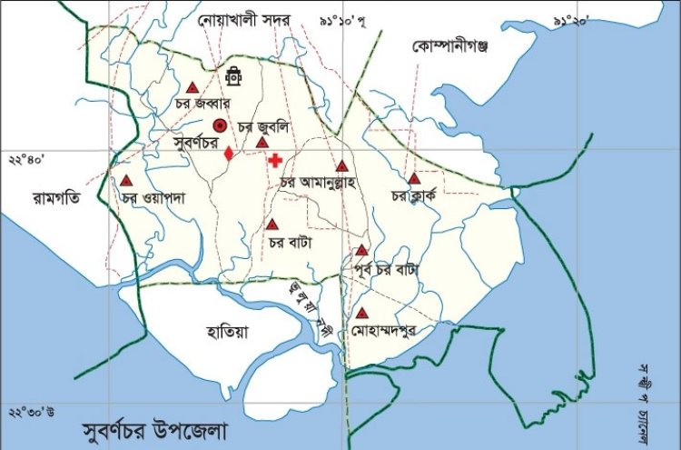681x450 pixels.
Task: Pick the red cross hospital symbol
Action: coord(274,160)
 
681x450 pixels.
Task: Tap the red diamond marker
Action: coord(229,154)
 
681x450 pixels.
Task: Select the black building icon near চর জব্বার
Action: coord(234,75)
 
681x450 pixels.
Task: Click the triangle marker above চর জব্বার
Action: coord(192,88)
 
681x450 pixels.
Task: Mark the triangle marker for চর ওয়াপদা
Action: coord(125,179)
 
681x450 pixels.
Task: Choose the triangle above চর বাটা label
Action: coord(271,224)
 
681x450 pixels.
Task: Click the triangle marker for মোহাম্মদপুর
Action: coord(362,313)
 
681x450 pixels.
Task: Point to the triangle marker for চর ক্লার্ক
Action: coord(414,178)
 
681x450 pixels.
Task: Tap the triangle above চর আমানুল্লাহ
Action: coord(341,165)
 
